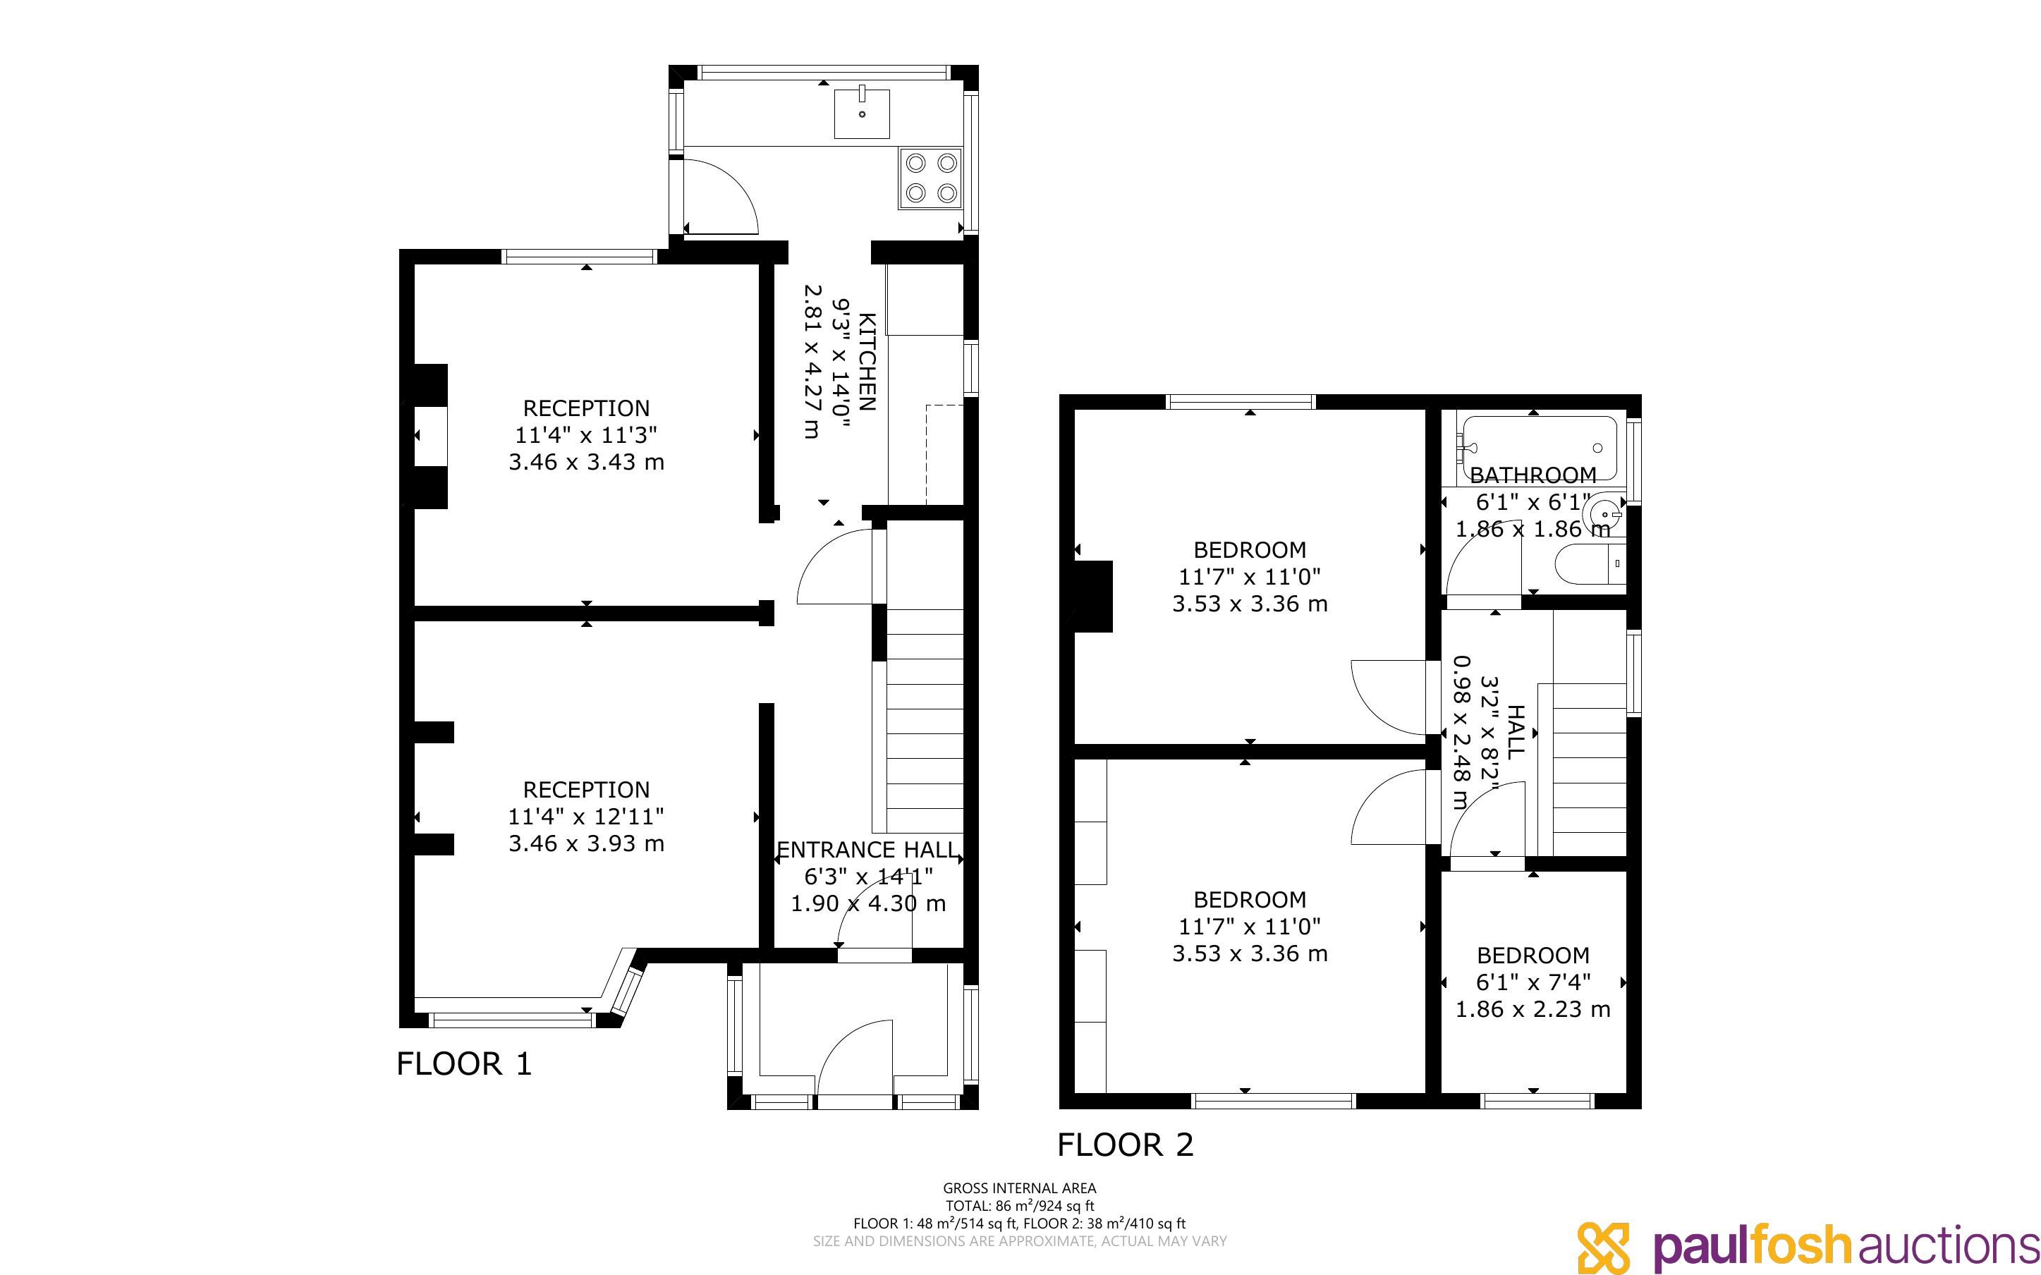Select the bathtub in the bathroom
[1540, 448]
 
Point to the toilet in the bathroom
[1589, 563]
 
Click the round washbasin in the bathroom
[1604, 512]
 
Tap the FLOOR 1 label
[463, 1064]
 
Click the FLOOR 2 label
[1126, 1145]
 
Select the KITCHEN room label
[867, 362]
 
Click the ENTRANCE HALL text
[867, 850]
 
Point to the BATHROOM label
[1533, 475]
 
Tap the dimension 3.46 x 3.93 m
[586, 843]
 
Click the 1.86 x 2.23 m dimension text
[1533, 1008]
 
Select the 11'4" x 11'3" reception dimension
[586, 435]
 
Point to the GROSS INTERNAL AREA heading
[1019, 1188]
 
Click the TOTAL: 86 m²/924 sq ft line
[1019, 1206]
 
